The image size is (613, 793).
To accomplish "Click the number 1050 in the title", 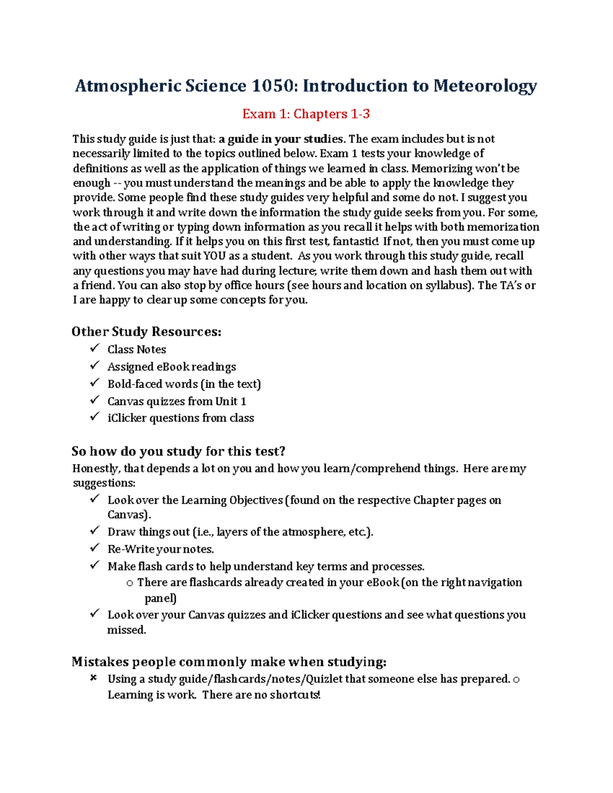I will (273, 86).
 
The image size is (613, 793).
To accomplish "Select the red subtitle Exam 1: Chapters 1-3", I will (305, 114).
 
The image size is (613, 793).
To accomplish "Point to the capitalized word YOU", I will (215, 256).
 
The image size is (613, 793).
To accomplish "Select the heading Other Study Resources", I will (146, 332).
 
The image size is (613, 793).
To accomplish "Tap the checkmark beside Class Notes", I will (95, 349).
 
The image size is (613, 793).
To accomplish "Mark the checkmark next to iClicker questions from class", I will (95, 417).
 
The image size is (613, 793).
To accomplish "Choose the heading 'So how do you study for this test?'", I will (178, 451).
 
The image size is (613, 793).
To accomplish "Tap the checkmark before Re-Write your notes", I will (95, 548).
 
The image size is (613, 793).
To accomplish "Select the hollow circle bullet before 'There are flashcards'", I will (130, 583).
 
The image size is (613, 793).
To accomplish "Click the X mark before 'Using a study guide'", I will (93, 679).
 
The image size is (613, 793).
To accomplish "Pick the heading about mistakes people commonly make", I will (228, 662).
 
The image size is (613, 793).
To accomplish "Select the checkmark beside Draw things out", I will (95, 531).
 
